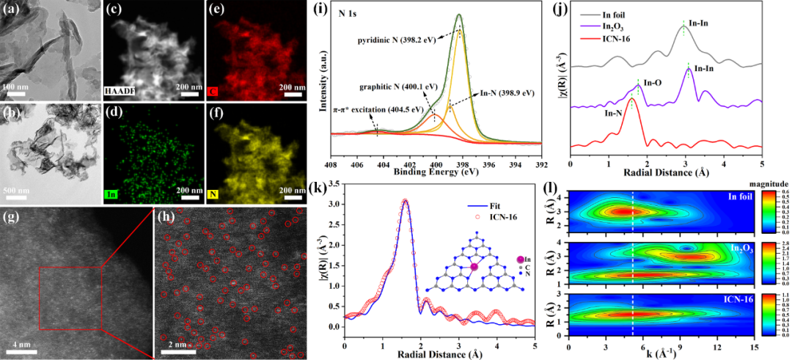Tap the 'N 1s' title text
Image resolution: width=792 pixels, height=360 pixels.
(350, 11)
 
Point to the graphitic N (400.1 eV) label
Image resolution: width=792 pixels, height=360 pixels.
(382, 87)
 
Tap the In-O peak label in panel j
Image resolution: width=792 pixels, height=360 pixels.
(653, 83)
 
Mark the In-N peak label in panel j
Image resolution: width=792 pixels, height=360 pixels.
(615, 114)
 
